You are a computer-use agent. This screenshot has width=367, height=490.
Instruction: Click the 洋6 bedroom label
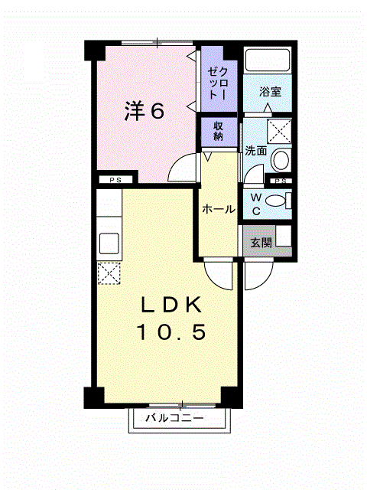tap(145, 112)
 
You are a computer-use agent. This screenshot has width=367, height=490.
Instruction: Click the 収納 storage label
tap(218, 131)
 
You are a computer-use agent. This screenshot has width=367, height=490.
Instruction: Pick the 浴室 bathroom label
tap(269, 91)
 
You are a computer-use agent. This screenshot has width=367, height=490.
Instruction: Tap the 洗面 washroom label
tap(255, 151)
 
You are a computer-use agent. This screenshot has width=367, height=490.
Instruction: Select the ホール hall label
tap(218, 209)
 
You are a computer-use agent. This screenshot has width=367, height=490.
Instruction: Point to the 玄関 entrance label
tap(261, 243)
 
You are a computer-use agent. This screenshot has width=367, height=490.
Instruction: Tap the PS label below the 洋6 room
tap(115, 181)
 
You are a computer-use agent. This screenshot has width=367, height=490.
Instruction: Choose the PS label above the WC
tap(281, 181)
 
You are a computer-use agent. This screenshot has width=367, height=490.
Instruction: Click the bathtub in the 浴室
tap(268, 61)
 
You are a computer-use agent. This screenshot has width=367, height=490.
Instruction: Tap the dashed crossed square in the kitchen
tap(109, 272)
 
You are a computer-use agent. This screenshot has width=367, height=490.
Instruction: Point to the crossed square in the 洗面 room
tap(281, 131)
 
